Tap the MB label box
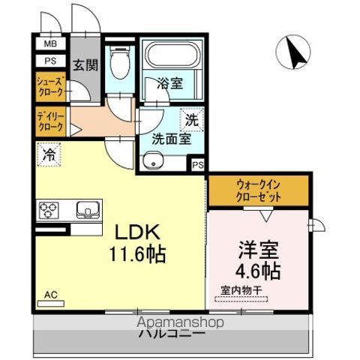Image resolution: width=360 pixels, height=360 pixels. click(49, 44)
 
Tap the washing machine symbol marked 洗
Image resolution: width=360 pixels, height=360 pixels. click(192, 118)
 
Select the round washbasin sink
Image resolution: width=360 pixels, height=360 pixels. click(156, 161)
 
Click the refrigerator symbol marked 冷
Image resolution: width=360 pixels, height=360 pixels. click(49, 156)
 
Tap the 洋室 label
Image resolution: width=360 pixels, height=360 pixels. click(259, 249)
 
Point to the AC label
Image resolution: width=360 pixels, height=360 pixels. click(49, 295)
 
